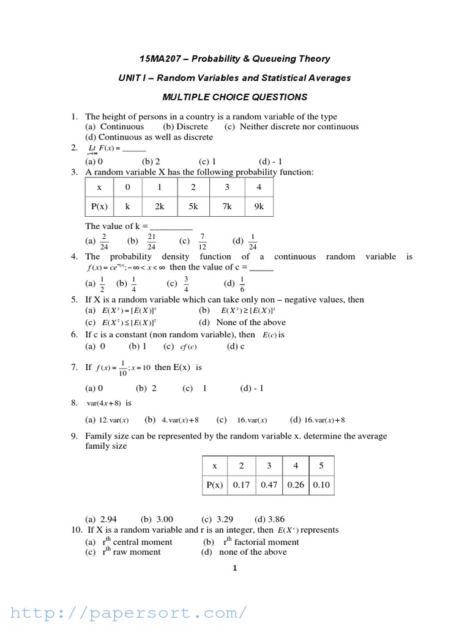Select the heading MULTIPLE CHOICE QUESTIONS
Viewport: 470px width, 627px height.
point(234,97)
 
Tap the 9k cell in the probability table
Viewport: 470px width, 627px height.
point(259,206)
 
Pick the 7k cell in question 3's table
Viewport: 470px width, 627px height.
point(227,206)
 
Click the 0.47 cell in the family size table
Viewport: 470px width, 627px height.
point(269,484)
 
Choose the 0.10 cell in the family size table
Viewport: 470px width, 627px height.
point(321,484)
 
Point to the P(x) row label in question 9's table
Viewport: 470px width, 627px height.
point(214,484)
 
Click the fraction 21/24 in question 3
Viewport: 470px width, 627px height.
point(152,241)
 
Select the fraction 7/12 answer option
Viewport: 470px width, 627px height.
point(202,241)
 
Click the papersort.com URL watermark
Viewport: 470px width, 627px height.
point(129,612)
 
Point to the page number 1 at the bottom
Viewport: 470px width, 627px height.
point(234,568)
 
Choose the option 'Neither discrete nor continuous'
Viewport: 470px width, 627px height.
point(291,127)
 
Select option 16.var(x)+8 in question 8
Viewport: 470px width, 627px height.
point(324,420)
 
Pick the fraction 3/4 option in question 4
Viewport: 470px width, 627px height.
point(186,283)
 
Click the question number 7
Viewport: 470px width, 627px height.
point(73,367)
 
